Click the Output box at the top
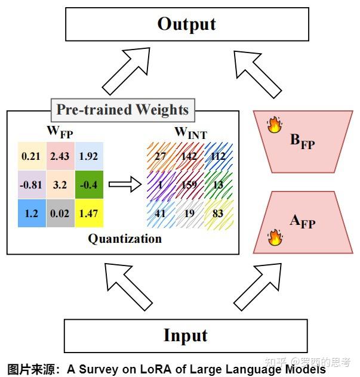click(x=187, y=24)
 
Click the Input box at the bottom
click(x=186, y=336)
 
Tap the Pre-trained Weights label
click(x=123, y=110)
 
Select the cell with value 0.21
click(x=32, y=156)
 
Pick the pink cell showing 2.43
click(x=60, y=156)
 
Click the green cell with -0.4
click(x=89, y=185)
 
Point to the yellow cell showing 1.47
click(x=89, y=214)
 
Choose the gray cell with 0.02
click(x=60, y=214)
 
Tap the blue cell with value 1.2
click(x=32, y=214)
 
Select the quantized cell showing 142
click(x=189, y=156)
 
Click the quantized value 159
click(x=189, y=185)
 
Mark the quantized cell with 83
click(x=218, y=214)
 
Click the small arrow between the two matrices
click(x=125, y=184)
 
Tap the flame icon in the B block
click(x=275, y=125)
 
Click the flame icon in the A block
click(x=275, y=237)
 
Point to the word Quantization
click(x=125, y=239)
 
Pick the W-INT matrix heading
click(x=191, y=133)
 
